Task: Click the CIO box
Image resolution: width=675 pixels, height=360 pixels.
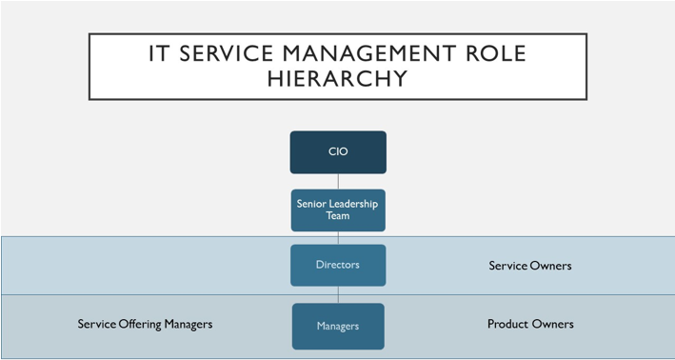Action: (x=338, y=152)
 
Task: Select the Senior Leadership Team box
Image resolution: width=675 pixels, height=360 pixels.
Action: (x=338, y=210)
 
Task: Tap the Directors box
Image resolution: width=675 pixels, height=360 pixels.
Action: (x=338, y=265)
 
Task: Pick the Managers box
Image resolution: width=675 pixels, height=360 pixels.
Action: (x=338, y=326)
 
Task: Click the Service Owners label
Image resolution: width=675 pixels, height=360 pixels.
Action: (x=529, y=266)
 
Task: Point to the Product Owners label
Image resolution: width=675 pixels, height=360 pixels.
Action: (x=530, y=324)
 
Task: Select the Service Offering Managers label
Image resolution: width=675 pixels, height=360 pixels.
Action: (x=145, y=324)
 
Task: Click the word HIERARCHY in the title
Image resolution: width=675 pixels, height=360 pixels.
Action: (x=338, y=78)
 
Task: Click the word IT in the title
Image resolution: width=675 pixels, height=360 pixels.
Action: (x=161, y=52)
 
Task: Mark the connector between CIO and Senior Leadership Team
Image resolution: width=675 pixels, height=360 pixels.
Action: (x=338, y=181)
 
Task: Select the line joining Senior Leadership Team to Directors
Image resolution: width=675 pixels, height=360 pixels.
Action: (x=338, y=237)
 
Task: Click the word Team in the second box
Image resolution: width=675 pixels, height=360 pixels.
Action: (x=338, y=216)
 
